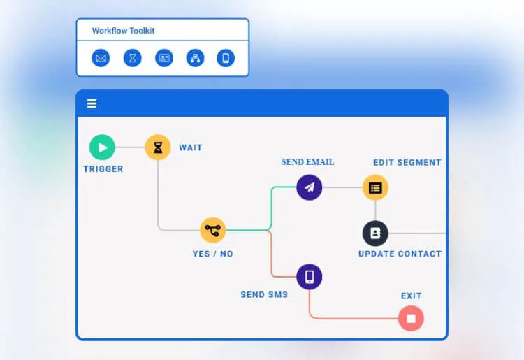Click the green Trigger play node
click(x=102, y=147)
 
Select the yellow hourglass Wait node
click(x=158, y=147)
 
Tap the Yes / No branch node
click(x=213, y=230)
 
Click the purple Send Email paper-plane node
click(x=310, y=187)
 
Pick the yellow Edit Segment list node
click(x=375, y=187)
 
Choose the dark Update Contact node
click(x=375, y=233)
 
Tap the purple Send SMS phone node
click(x=310, y=277)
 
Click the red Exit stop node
click(x=411, y=318)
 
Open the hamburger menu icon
click(x=92, y=103)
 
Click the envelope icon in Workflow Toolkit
click(x=101, y=58)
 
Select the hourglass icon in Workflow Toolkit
click(x=133, y=58)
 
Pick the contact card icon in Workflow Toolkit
click(x=164, y=58)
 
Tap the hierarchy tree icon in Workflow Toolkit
click(x=196, y=58)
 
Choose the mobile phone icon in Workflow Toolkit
click(x=225, y=58)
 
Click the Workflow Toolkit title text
click(x=123, y=31)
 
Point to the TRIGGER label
click(x=103, y=169)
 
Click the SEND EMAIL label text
click(x=307, y=162)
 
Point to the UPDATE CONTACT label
click(x=400, y=254)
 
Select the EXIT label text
click(x=411, y=296)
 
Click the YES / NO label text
click(x=212, y=254)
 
